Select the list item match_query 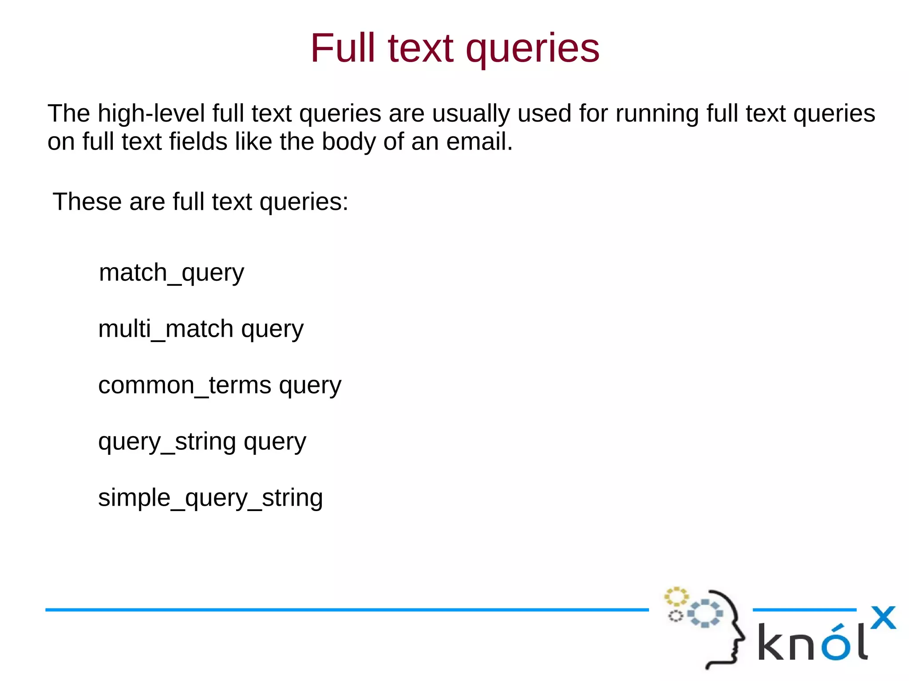click(171, 272)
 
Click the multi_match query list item click(201, 329)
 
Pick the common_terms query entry click(220, 385)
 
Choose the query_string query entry click(202, 442)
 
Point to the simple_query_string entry click(210, 498)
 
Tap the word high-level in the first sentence click(151, 114)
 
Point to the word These click(87, 202)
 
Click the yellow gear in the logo click(676, 597)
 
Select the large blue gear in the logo click(705, 613)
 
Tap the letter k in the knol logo click(771, 642)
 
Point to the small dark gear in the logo click(676, 616)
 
